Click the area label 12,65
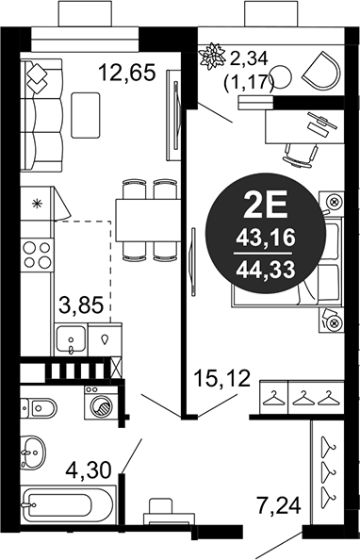point(127,73)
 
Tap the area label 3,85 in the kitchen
point(81,305)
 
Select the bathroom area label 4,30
point(89,470)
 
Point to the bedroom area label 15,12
point(221,379)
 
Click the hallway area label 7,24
point(279,505)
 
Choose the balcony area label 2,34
point(249,59)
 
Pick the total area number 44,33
point(266,269)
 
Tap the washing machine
point(98,403)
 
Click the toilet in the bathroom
point(39,406)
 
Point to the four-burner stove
point(37,255)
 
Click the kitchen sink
point(71,339)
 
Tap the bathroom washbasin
point(32,453)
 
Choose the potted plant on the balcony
point(212,55)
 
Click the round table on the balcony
point(282,76)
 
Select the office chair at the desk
point(301,156)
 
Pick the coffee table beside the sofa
point(86,115)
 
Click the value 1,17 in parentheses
point(249,83)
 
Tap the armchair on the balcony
point(321,71)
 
